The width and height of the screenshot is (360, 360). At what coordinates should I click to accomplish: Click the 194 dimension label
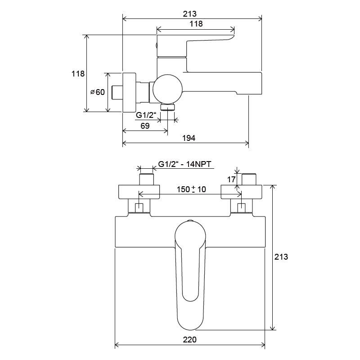click(x=189, y=138)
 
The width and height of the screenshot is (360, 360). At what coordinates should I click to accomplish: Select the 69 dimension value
click(x=145, y=126)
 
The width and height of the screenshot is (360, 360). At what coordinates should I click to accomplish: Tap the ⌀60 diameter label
click(x=98, y=92)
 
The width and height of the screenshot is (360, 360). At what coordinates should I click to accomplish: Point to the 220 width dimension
click(x=189, y=340)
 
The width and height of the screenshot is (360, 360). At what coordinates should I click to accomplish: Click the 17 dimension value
click(x=231, y=179)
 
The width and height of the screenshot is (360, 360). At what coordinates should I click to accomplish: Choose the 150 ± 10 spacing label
click(x=191, y=189)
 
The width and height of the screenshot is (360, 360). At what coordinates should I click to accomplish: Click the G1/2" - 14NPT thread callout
click(x=184, y=164)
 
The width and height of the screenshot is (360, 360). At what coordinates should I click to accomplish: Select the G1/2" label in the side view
click(x=146, y=115)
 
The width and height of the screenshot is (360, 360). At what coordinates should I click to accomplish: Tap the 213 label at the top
click(x=189, y=14)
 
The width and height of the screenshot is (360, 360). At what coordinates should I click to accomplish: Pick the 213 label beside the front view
click(x=281, y=256)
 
